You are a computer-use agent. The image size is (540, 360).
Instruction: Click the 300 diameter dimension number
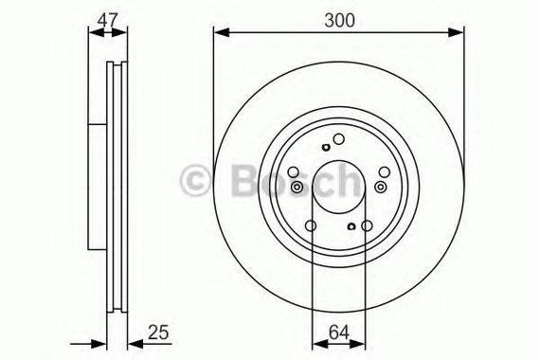(x=339, y=20)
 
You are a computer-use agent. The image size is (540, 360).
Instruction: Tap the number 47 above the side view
(x=107, y=20)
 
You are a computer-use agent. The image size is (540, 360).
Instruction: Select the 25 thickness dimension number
(x=158, y=333)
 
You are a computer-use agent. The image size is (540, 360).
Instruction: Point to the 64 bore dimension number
(x=339, y=333)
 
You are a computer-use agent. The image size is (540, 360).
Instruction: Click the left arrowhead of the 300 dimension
(x=222, y=33)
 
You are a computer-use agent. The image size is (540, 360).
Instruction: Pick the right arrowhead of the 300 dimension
(x=456, y=33)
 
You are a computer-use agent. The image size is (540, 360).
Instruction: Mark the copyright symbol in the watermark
(x=195, y=181)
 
